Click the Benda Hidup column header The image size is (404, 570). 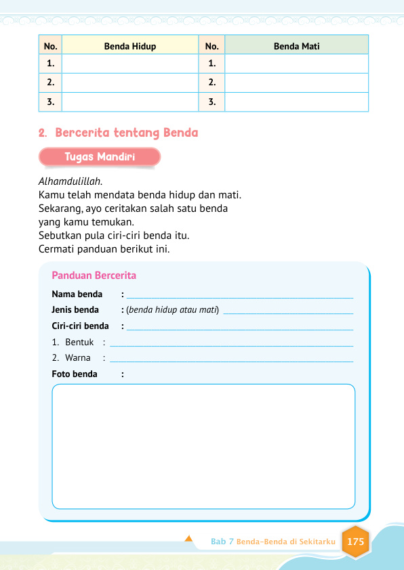coord(130,46)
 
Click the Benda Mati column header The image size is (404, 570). coord(296,46)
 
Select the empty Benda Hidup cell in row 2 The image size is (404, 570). coord(130,83)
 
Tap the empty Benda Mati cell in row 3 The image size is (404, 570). coord(296,102)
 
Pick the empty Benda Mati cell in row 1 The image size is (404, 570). coord(296,64)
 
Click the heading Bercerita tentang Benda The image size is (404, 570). coord(126,133)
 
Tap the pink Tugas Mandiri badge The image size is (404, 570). coord(100,157)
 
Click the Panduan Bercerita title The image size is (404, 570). coord(94,276)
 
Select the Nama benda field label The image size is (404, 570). coord(77,294)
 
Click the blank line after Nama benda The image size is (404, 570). coord(239,296)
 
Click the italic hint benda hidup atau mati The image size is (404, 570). coord(172,310)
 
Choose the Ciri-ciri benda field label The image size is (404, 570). coord(80,326)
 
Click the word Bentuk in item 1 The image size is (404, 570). coord(79,343)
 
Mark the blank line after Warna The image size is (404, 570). coord(230,359)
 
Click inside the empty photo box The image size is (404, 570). coord(203,446)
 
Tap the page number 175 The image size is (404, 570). coord(355,542)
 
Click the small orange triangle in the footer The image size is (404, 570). coord(188,540)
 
